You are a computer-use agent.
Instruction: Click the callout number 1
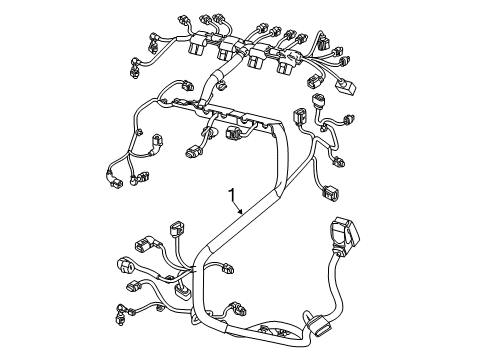(x=232, y=195)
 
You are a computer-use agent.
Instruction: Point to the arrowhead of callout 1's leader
(x=240, y=211)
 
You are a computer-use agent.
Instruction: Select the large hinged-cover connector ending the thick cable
(x=344, y=233)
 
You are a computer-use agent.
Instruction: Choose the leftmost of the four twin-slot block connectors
(x=198, y=43)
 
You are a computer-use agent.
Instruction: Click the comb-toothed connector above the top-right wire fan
(x=323, y=42)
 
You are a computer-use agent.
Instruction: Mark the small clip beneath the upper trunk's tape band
(x=222, y=86)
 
